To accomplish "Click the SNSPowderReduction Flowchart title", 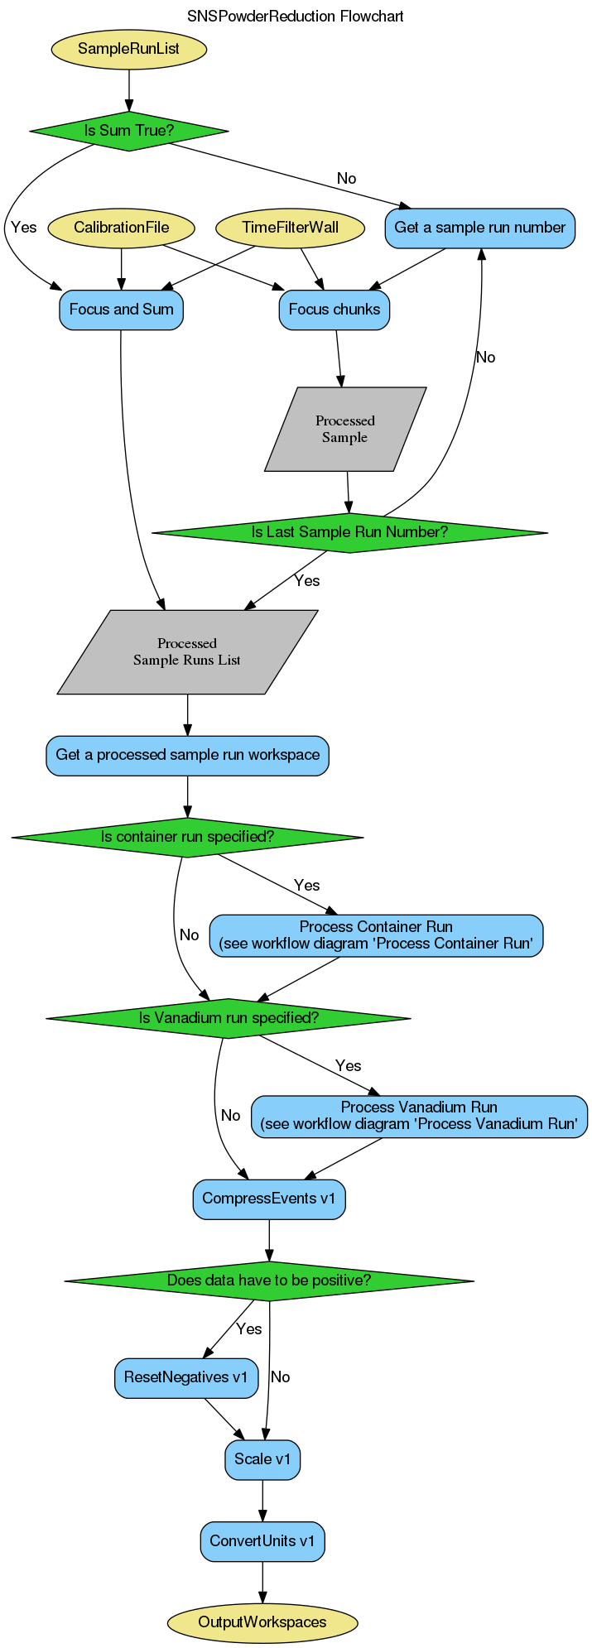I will coord(296,17).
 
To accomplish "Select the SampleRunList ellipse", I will coord(128,49).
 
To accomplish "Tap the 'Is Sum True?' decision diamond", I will coord(128,131).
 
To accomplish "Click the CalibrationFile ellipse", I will coord(122,228).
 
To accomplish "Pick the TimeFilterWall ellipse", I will coord(290,228).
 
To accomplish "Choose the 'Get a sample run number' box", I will coord(479,228).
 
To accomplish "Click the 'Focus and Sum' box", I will coord(122,310).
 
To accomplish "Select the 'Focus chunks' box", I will coord(335,310).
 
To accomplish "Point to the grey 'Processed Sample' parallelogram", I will coord(345,429).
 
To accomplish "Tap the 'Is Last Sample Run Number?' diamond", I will coord(349,532).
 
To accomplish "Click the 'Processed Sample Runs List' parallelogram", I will coord(187,652).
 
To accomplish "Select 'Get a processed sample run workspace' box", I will coord(187,755).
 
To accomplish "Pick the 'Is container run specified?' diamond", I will coord(187,837).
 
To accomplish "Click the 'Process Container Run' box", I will coord(376,935).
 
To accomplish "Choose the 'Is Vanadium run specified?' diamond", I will coord(229,1018).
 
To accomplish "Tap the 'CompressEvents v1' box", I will coord(269,1199).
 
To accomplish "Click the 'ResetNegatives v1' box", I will coord(185,1377).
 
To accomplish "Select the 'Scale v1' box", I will coord(262,1459).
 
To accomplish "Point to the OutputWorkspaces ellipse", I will coord(262,1622).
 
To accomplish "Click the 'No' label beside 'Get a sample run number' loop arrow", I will coord(485,358).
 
